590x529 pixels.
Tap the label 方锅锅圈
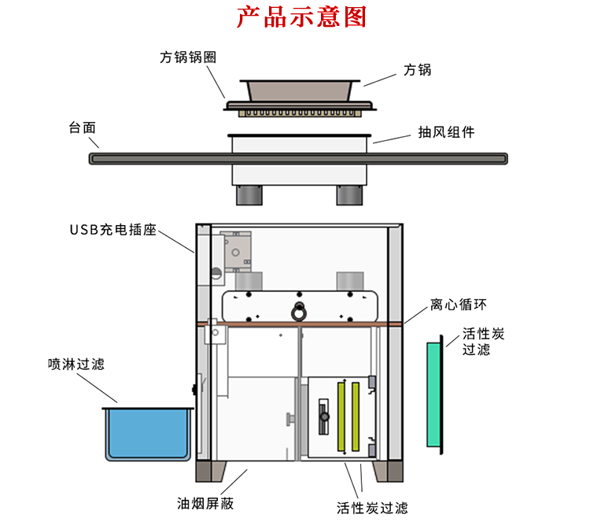(188, 57)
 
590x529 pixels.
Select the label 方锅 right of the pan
(417, 70)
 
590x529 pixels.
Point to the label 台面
(83, 127)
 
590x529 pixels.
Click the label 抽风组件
(446, 132)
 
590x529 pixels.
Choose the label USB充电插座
(113, 231)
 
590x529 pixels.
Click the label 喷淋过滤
(76, 364)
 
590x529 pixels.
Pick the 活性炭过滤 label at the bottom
(372, 508)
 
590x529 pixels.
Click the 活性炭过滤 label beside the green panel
(484, 342)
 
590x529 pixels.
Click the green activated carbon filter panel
(434, 394)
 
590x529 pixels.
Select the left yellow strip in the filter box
(341, 416)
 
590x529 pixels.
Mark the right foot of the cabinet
(391, 472)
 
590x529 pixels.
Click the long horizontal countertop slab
(299, 159)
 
